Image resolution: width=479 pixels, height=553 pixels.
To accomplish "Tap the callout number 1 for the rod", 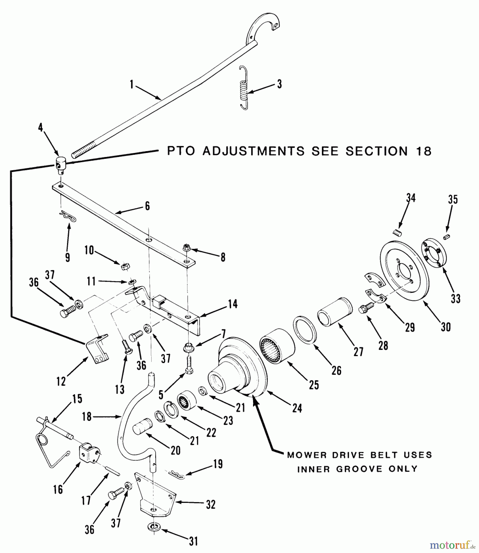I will (x=132, y=84).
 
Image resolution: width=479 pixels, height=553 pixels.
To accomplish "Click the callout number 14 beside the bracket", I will (x=232, y=304).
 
